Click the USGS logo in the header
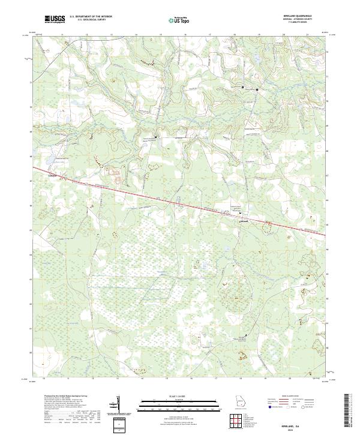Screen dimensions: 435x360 [55, 19]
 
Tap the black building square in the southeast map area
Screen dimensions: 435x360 [245, 334]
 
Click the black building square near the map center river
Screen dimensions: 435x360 [156, 137]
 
